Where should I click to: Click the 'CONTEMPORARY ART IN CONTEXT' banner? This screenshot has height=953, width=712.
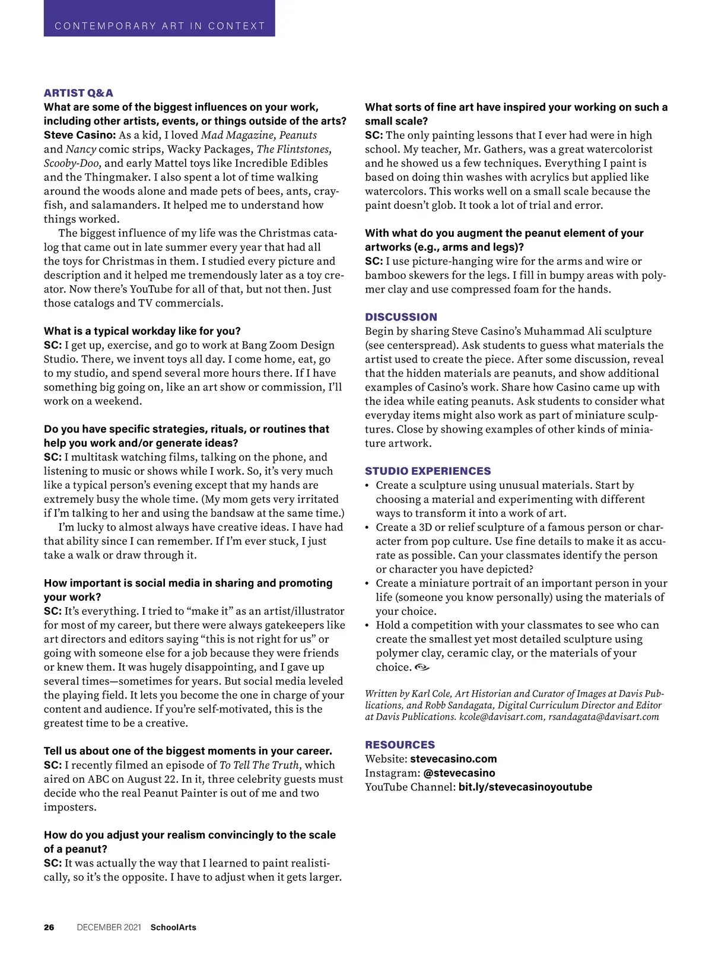(x=159, y=26)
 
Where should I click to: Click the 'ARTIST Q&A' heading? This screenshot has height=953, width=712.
(x=78, y=93)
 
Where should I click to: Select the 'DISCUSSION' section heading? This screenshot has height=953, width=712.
(x=401, y=317)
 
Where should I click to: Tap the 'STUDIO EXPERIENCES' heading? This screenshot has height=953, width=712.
(x=428, y=471)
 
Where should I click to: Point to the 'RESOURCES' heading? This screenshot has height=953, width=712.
(x=399, y=745)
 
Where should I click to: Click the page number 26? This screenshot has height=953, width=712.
(x=49, y=927)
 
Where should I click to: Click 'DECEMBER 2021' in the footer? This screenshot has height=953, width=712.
(x=109, y=927)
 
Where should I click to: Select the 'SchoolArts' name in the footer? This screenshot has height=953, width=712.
(x=173, y=927)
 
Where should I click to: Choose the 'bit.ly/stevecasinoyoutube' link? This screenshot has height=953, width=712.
(x=525, y=787)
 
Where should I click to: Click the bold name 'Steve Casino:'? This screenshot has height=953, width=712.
(x=80, y=135)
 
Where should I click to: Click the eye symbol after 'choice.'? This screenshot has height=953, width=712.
(x=422, y=668)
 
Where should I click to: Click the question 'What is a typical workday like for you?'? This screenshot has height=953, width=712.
(x=142, y=331)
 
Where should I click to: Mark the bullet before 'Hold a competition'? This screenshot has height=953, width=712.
(x=368, y=625)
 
